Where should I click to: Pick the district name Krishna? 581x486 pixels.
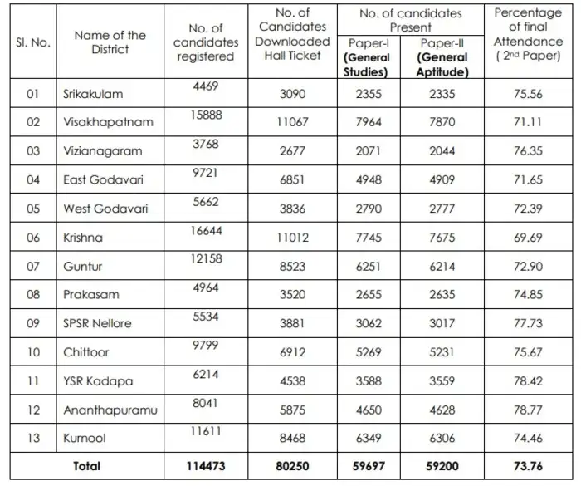tap(83, 237)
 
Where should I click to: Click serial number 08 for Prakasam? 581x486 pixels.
tap(33, 294)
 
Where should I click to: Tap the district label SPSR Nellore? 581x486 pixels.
tap(97, 323)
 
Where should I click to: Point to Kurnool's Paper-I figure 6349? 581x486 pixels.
tap(367, 438)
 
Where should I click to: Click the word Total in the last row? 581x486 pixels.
tap(86, 467)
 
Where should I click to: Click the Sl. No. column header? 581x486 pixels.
tap(33, 42)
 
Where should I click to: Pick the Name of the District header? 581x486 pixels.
tap(110, 42)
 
